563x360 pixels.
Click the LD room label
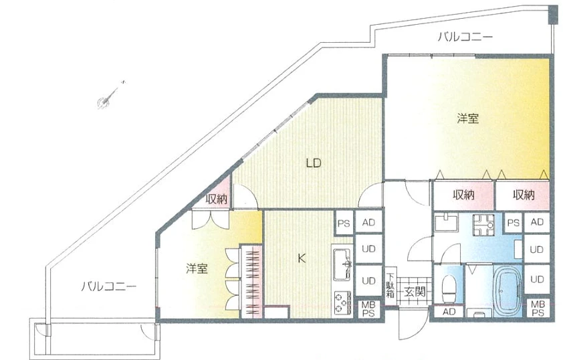click(313, 163)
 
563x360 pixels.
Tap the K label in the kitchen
click(302, 258)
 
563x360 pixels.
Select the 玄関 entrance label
click(415, 292)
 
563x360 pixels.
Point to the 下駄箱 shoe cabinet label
click(390, 285)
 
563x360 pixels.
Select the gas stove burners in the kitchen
click(343, 302)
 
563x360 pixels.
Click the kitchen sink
click(342, 264)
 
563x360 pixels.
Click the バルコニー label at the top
click(465, 37)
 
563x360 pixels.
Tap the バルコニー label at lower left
click(108, 286)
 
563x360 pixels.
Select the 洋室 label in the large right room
click(468, 118)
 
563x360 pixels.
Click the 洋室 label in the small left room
click(197, 268)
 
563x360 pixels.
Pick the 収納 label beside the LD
click(217, 199)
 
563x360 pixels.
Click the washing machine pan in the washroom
click(483, 225)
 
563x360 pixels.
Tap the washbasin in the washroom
click(445, 222)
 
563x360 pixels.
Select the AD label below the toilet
click(449, 312)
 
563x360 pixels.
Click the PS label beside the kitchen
click(344, 223)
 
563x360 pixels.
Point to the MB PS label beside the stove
click(368, 309)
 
